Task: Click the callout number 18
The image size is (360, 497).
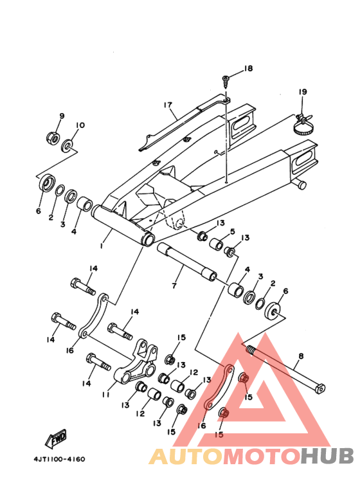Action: point(248,68)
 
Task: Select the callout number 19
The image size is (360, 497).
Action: point(303,91)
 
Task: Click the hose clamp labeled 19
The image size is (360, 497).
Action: point(304,125)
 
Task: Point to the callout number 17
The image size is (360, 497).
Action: point(168,105)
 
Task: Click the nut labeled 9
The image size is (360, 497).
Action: point(53,137)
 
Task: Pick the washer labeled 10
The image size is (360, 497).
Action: point(67,145)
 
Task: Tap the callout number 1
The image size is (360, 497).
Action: point(102,246)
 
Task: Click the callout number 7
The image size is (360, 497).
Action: point(174,285)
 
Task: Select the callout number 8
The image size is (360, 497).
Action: point(301,356)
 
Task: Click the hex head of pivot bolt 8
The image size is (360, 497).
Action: point(321,388)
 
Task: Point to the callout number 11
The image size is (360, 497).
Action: point(105,395)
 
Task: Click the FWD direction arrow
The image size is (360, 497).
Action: point(56,439)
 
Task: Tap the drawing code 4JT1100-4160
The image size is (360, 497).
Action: point(59,459)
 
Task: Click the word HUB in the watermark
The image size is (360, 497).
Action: point(327,456)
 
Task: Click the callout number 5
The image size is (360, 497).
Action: point(233,231)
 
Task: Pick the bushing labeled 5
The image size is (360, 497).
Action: point(217,243)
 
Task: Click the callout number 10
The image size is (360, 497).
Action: point(80,125)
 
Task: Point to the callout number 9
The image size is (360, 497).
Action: point(62,116)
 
